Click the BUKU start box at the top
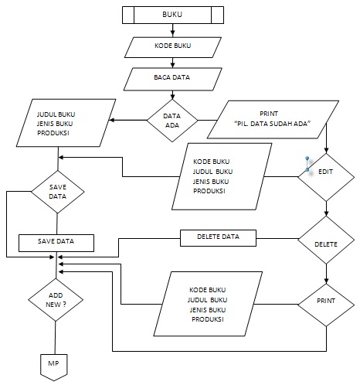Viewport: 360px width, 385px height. pyautogui.click(x=174, y=15)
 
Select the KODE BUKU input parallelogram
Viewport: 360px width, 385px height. pyautogui.click(x=174, y=46)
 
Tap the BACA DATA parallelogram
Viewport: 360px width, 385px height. pyautogui.click(x=174, y=77)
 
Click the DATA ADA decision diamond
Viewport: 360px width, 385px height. pyautogui.click(x=172, y=120)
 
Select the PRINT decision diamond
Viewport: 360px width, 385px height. pyautogui.click(x=325, y=298)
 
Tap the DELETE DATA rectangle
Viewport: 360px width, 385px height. pyautogui.click(x=218, y=237)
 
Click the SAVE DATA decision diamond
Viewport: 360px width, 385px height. pyautogui.click(x=56, y=192)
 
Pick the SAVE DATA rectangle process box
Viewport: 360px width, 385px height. pyautogui.click(x=56, y=242)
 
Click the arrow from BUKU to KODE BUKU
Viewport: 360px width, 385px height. pyautogui.click(x=174, y=29)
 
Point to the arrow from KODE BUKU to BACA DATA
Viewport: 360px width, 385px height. pyautogui.click(x=174, y=62)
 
